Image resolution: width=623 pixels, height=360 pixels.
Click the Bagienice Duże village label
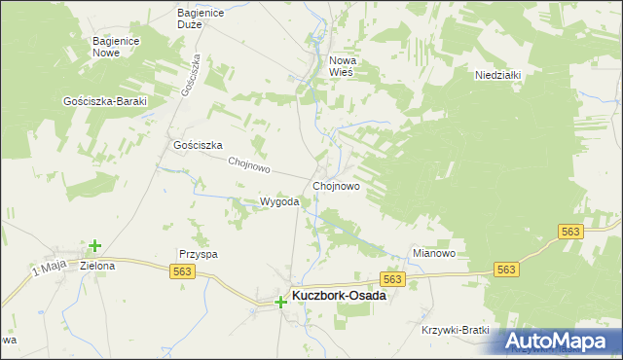[x=202, y=18]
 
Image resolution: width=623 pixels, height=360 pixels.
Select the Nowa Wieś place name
[x=342, y=66]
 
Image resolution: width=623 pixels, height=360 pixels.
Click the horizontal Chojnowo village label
[x=337, y=185]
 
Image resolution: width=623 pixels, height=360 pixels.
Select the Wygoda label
[x=278, y=201]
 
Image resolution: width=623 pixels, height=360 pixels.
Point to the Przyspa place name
[x=197, y=253]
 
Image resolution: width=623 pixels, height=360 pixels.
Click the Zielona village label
[x=97, y=266]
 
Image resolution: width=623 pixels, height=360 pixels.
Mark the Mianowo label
[x=434, y=253]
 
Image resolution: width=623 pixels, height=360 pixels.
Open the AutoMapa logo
[x=556, y=341]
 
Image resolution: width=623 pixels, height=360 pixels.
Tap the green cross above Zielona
[x=94, y=247]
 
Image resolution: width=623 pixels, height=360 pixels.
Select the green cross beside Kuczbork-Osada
[x=280, y=303]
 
